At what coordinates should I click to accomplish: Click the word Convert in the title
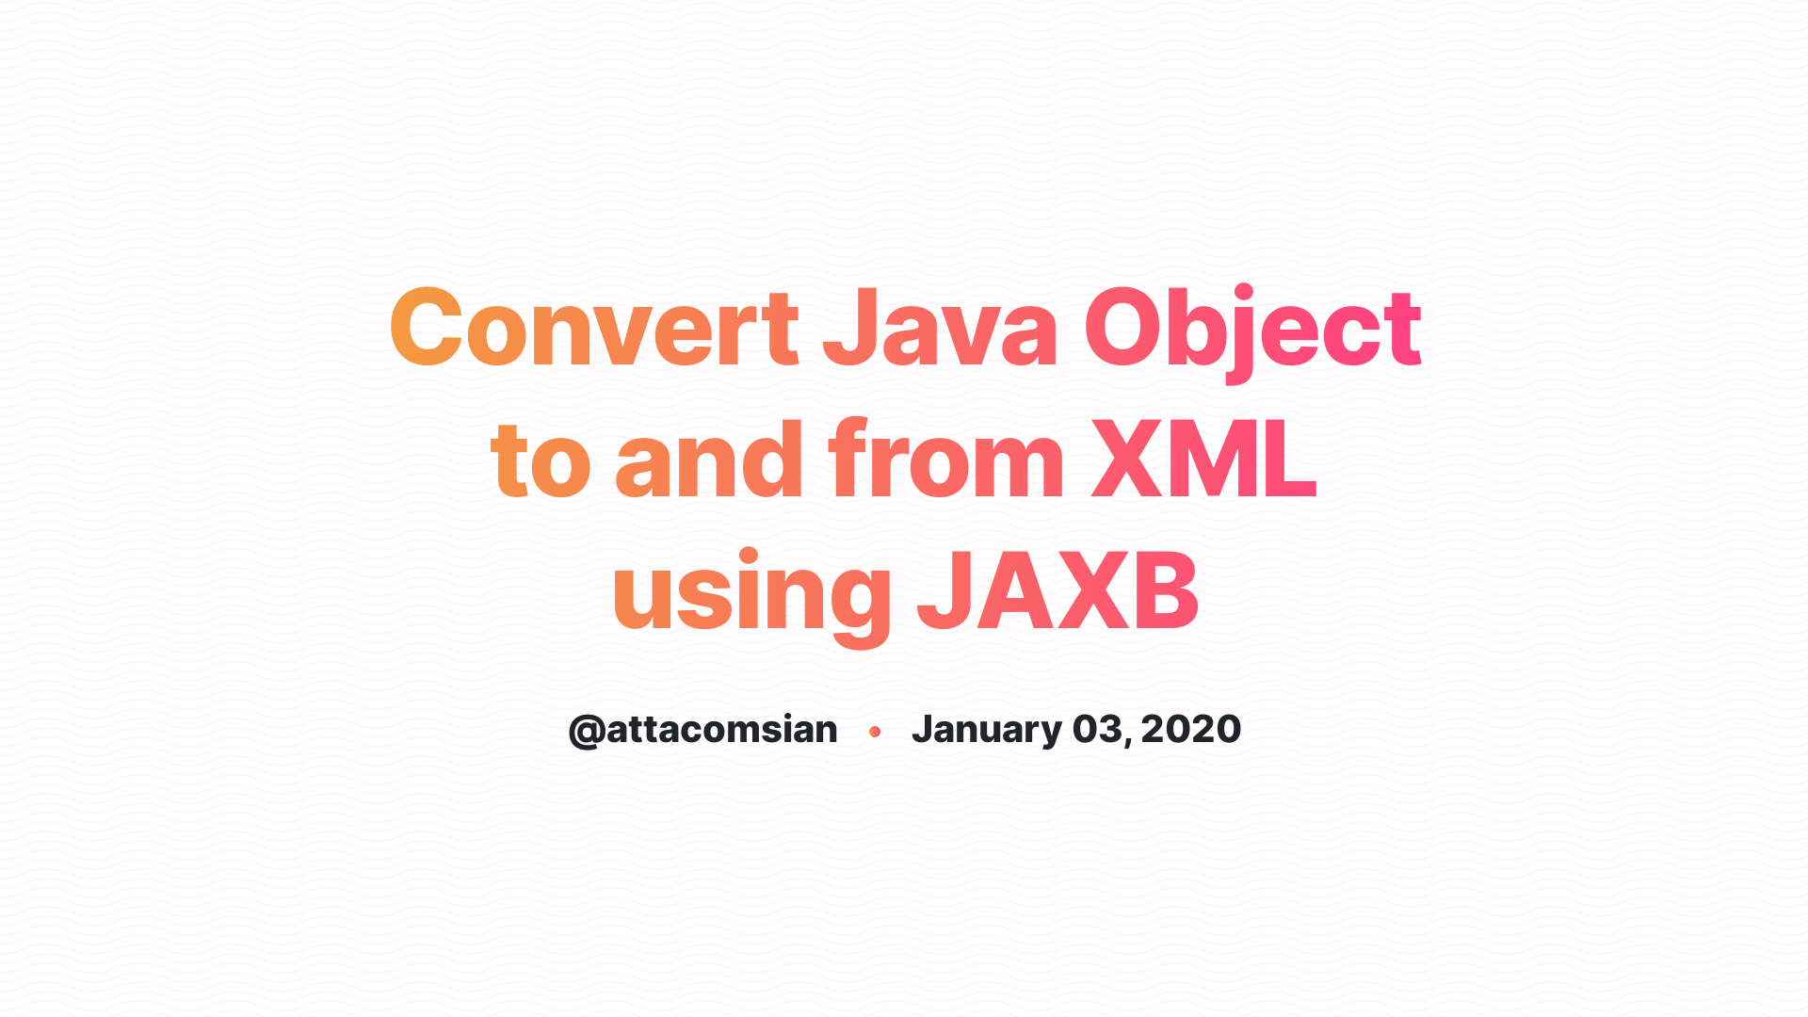(x=594, y=328)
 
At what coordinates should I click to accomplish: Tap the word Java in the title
(x=940, y=328)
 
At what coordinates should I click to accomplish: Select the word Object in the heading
(x=1252, y=328)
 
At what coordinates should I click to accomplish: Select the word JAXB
(x=1057, y=591)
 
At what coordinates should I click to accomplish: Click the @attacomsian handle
(x=703, y=730)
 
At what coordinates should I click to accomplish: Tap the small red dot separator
(x=875, y=732)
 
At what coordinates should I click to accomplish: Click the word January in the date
(x=986, y=730)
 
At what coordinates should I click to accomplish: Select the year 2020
(x=1191, y=730)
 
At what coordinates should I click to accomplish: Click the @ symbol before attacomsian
(x=586, y=731)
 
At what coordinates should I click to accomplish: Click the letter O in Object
(x=1123, y=328)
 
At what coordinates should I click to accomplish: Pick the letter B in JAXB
(x=1166, y=591)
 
